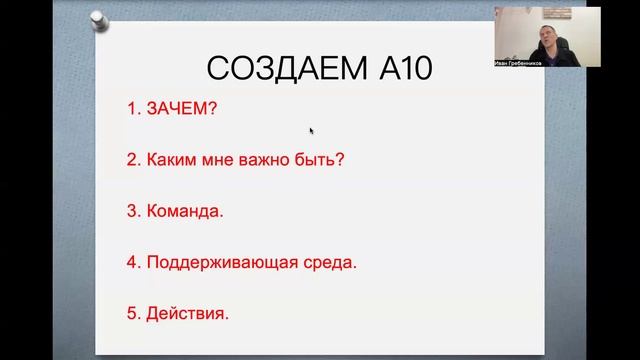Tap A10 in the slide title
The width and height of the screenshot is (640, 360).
click(x=396, y=69)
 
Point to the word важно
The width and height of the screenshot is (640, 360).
click(x=258, y=159)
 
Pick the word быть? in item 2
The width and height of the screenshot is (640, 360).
click(x=317, y=159)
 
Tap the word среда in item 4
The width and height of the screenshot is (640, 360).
click(x=327, y=263)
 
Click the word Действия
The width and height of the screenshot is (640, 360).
click(x=187, y=314)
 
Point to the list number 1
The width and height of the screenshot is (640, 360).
click(x=132, y=108)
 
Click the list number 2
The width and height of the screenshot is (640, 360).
click(x=132, y=159)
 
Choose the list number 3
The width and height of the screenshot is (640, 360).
click(x=132, y=212)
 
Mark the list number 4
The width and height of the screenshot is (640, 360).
click(x=132, y=263)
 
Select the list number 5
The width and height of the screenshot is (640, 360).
click(x=132, y=314)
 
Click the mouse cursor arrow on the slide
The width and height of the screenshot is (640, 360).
click(x=312, y=130)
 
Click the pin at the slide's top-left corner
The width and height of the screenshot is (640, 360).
click(x=98, y=19)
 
